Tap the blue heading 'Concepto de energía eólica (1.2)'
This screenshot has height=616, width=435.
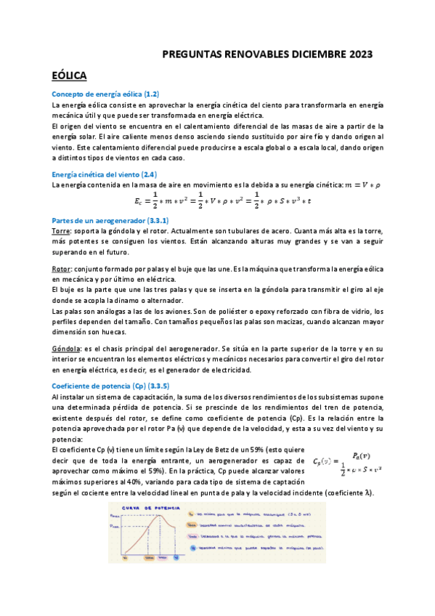click(105, 94)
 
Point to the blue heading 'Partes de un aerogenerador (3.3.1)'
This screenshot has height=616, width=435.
click(110, 219)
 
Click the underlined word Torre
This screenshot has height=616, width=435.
click(61, 230)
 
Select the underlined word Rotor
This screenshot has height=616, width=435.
click(62, 269)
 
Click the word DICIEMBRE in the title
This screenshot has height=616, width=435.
click(309, 54)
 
